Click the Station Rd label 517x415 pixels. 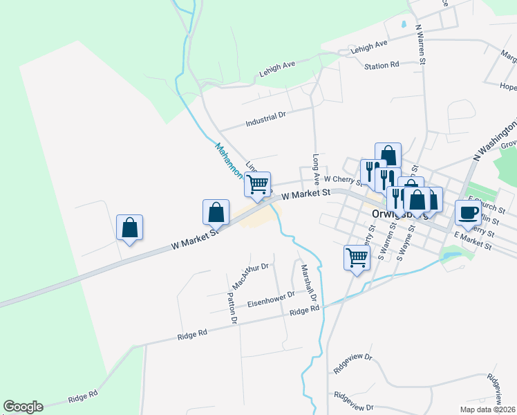[x=382, y=65]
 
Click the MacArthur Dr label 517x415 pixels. [x=250, y=275]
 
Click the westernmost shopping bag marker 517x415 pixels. [x=129, y=227]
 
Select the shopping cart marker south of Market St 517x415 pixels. [x=357, y=258]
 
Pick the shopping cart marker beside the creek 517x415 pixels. [x=257, y=185]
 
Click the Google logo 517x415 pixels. [x=23, y=407]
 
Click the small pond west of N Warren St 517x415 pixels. [x=403, y=26]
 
